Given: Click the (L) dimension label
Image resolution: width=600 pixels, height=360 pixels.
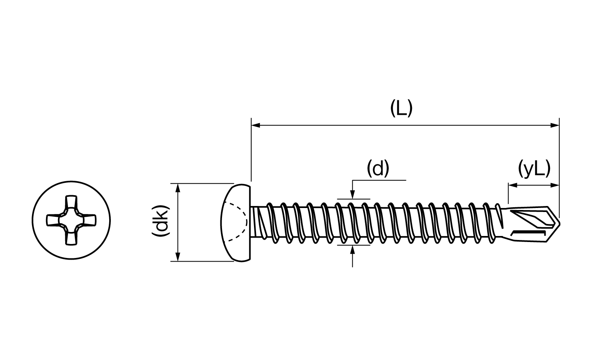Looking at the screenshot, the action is click(x=401, y=108).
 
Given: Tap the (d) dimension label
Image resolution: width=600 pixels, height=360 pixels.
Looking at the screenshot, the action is click(x=378, y=169).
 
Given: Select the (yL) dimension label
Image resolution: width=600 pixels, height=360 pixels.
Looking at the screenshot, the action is click(x=534, y=169).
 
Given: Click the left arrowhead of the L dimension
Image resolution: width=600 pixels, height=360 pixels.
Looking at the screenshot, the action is click(x=256, y=125).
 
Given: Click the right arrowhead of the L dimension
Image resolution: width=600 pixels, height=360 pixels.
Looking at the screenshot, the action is click(x=555, y=125).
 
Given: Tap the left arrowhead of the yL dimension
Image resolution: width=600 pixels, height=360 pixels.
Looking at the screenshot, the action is click(x=513, y=185).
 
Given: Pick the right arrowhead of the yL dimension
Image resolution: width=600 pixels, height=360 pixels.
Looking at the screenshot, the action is click(x=555, y=185).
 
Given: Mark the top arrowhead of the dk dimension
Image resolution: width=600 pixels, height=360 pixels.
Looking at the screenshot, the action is click(x=178, y=188).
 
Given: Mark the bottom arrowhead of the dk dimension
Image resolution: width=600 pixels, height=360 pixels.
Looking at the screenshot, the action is click(x=178, y=257).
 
